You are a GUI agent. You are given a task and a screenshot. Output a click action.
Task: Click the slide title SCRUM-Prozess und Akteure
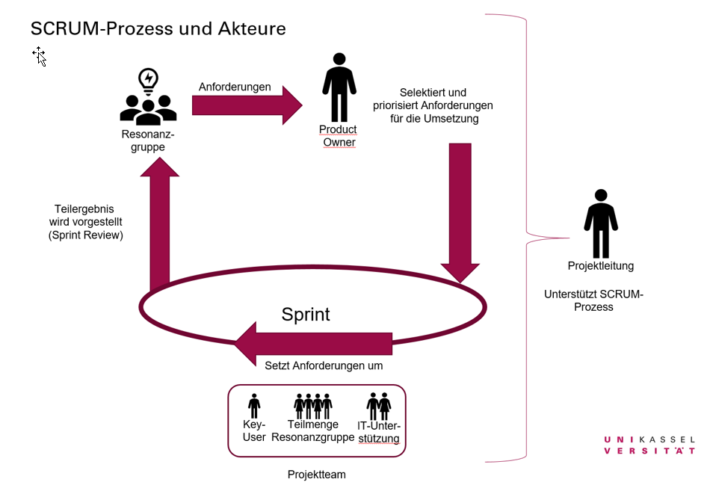point(158,29)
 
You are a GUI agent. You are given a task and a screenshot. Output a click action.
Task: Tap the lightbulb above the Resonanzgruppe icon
point(148,80)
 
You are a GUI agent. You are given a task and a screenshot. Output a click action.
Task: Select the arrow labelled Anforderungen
point(247,105)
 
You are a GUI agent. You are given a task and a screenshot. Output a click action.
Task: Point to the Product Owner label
point(339,136)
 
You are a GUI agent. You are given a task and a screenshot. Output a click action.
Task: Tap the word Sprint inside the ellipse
point(306,315)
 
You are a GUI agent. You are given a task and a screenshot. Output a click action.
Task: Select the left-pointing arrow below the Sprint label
point(314,344)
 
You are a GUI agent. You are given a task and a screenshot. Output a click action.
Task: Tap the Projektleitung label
point(601,266)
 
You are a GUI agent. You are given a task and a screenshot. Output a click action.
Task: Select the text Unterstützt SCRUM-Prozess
point(594,300)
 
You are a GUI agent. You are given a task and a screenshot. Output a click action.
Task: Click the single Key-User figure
point(254,407)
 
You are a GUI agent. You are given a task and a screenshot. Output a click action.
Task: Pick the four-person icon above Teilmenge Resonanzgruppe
point(313,406)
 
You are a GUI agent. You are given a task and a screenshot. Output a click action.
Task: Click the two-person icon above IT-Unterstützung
point(379,406)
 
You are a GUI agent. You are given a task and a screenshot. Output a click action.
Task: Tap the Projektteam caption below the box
point(317,475)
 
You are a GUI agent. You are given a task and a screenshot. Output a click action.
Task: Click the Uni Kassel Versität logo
point(649,445)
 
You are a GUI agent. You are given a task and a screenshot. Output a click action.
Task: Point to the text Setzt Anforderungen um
point(324,366)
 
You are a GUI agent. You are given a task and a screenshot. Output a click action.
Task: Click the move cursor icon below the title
point(39,55)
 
